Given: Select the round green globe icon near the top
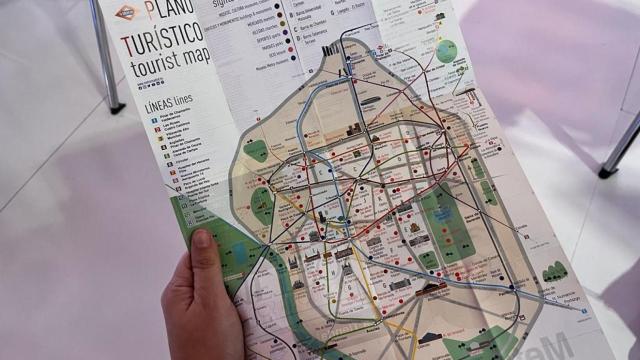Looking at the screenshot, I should coord(446,51).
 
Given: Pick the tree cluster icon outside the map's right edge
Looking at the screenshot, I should coord(555,271).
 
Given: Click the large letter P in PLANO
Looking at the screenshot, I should coord(150,12).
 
